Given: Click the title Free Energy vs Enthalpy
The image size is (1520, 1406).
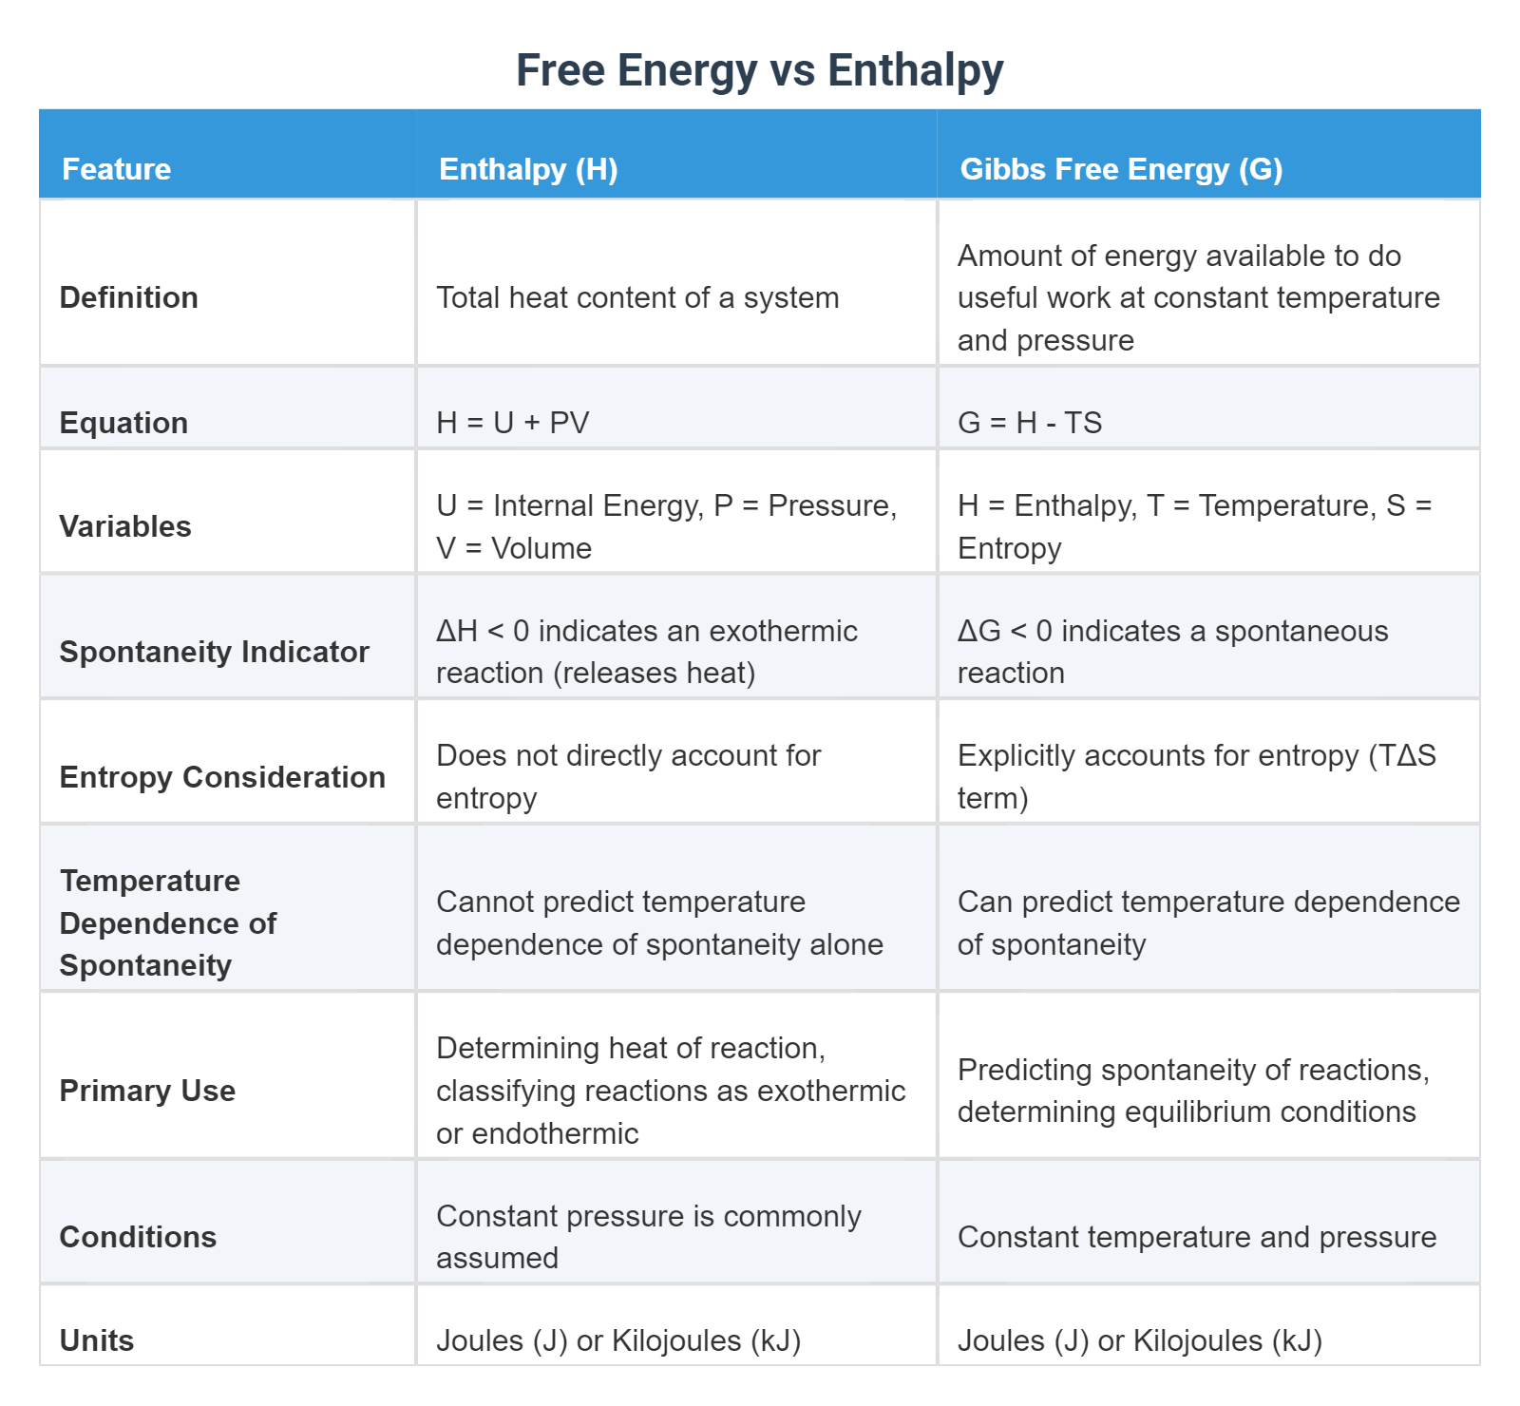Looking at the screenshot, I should [759, 70].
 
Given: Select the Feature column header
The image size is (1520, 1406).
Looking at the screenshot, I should [116, 169].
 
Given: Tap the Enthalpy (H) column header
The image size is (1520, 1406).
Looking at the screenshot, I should [528, 169].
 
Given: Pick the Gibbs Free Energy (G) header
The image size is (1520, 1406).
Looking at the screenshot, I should [1121, 169].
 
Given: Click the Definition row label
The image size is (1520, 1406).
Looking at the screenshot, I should [128, 297].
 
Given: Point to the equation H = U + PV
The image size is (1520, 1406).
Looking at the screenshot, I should [513, 423].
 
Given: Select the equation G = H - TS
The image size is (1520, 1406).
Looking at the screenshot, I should [1030, 423].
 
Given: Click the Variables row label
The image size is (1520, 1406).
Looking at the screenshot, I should [125, 526].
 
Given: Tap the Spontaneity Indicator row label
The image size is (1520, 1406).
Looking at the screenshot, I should [214, 652].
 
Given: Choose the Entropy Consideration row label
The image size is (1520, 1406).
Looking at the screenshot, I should [222, 777].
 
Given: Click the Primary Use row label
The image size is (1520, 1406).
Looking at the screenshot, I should [147, 1091].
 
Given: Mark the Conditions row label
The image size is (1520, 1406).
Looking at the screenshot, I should [138, 1237].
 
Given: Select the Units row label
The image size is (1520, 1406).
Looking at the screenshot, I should [97, 1340].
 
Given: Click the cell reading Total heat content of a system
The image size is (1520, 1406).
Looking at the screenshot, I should [637, 297].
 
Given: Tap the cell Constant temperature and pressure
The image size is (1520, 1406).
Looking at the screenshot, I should [1197, 1237].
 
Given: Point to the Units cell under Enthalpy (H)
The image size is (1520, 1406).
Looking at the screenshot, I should [618, 1340].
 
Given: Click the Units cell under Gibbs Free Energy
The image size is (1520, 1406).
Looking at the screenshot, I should [1140, 1340].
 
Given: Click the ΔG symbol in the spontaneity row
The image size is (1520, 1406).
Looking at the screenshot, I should [978, 631].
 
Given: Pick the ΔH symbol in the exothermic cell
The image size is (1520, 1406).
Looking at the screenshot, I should [457, 631].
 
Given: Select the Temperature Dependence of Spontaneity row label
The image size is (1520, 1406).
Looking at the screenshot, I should [168, 922].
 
